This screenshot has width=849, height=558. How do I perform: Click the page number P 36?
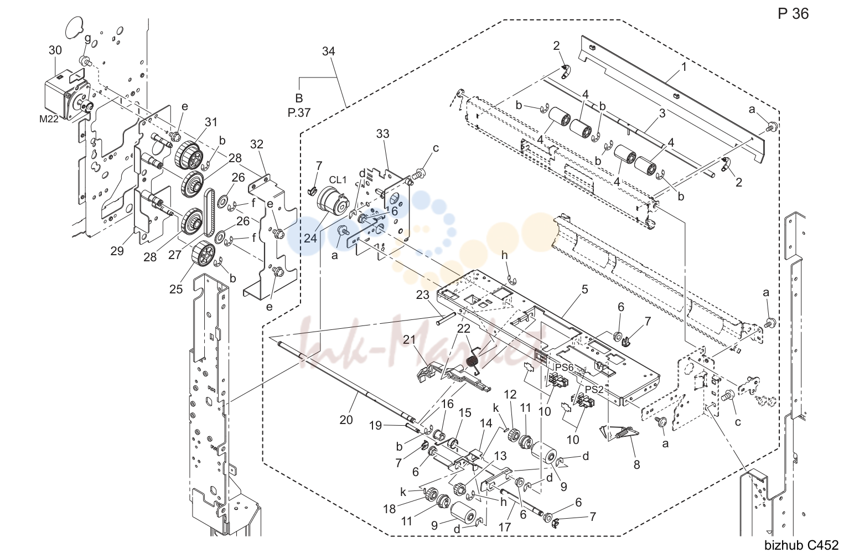793,14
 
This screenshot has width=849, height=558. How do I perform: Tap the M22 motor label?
49,119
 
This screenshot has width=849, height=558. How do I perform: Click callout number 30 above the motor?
55,50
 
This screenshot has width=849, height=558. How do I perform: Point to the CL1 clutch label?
337,180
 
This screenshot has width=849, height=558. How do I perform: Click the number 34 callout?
329,51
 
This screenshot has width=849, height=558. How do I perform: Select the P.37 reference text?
299,112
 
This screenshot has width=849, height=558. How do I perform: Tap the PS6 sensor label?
565,368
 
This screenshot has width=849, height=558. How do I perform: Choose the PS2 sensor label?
594,389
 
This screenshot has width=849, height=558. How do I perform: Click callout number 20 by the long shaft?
346,420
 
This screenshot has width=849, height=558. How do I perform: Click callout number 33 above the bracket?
383,133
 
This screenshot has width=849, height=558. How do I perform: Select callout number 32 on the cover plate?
257,144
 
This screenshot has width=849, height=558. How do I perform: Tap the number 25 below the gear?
176,289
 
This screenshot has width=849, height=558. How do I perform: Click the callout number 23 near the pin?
423,294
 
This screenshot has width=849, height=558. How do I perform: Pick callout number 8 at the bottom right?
636,464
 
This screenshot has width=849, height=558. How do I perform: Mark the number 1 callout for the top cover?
684,67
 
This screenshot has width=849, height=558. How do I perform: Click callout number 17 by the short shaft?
505,527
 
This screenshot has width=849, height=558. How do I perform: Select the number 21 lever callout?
410,340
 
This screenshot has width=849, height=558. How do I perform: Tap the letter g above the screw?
88,38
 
